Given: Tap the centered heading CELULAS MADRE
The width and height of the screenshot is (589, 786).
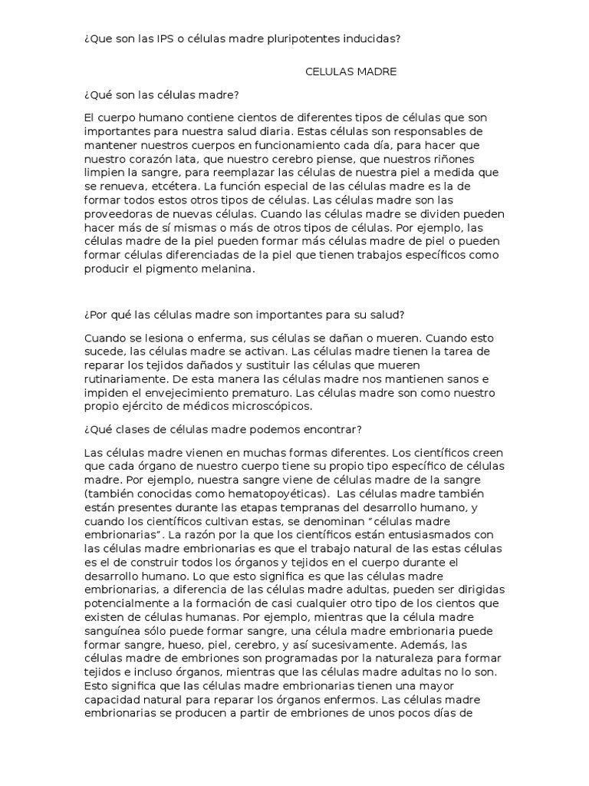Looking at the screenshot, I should [350, 71].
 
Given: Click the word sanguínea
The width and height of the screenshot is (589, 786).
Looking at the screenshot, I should [112, 616].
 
